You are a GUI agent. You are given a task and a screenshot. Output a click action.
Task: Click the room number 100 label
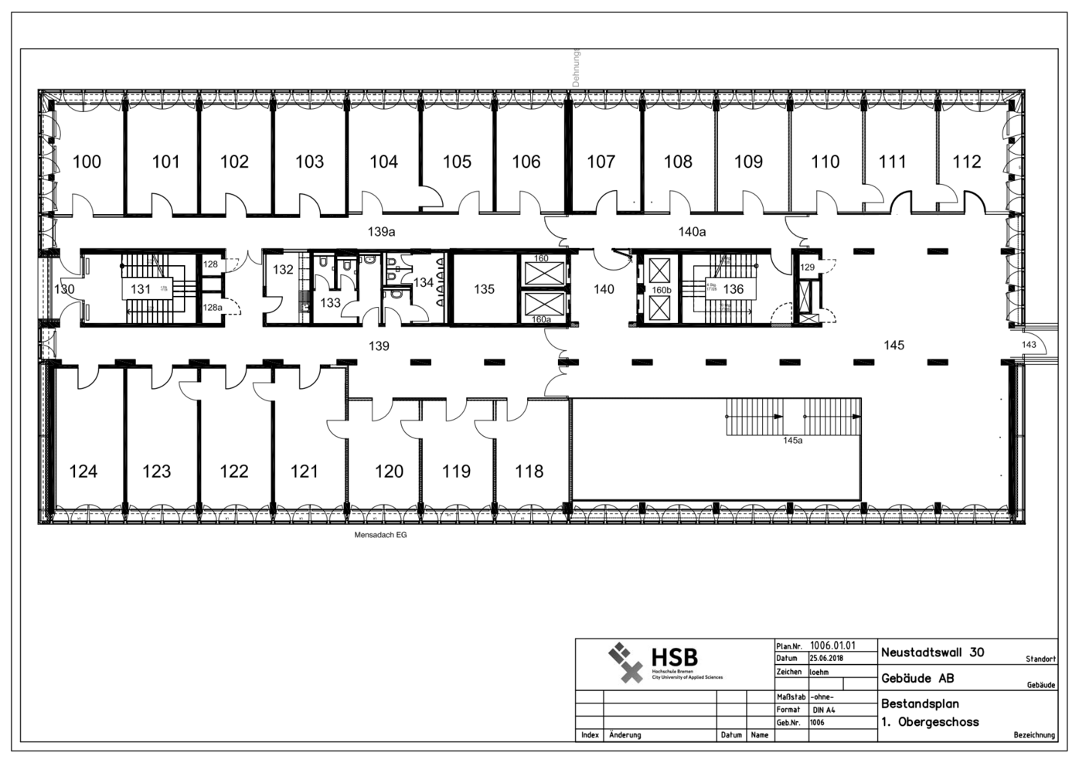(x=87, y=162)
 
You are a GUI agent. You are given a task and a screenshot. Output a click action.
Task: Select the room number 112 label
(x=966, y=162)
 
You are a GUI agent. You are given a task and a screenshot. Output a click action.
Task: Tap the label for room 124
(x=83, y=471)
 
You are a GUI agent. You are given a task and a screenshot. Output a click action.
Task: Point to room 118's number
(x=529, y=471)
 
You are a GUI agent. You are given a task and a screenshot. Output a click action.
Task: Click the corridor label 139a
(x=381, y=231)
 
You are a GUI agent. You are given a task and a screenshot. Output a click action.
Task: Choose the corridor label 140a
(x=692, y=231)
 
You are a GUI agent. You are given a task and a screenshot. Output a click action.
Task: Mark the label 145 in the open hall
(x=893, y=345)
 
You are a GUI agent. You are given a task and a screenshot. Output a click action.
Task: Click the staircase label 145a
(x=792, y=440)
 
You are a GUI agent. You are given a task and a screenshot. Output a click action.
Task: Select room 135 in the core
(x=484, y=289)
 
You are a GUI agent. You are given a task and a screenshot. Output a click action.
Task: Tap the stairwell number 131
(x=141, y=289)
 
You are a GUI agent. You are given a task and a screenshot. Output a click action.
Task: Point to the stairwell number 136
(x=733, y=289)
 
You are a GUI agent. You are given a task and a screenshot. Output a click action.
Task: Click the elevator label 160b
(x=662, y=290)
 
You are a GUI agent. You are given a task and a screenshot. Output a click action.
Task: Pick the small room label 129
(x=807, y=267)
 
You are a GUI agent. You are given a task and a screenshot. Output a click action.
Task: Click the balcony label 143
(x=1029, y=345)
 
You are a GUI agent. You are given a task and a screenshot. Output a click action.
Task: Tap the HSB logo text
(x=674, y=657)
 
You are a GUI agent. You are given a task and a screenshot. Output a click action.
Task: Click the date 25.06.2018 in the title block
(x=826, y=659)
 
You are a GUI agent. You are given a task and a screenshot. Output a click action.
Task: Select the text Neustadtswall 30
(x=932, y=652)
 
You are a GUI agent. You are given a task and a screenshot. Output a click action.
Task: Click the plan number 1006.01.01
(x=832, y=645)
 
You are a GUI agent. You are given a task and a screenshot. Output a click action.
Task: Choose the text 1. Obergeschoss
(x=930, y=722)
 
